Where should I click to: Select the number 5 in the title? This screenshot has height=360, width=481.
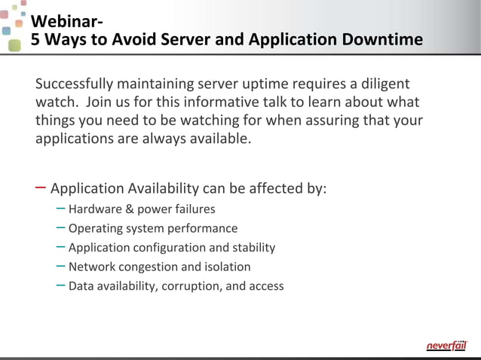tap(35, 39)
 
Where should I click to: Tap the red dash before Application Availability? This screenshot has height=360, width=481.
tap(40, 187)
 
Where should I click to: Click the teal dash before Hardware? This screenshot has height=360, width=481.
tap(60, 208)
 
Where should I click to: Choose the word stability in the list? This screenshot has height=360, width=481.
tap(253, 247)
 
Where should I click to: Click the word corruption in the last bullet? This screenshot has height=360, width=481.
tap(189, 285)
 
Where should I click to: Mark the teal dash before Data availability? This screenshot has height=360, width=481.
tap(60, 285)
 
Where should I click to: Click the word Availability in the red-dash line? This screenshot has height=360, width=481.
tap(161, 188)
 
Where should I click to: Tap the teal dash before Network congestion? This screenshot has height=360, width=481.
tap(60, 266)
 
